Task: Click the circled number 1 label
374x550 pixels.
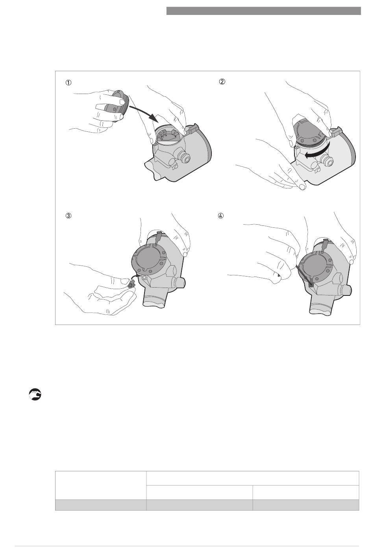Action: tap(69, 83)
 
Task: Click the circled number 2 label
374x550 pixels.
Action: tap(222, 81)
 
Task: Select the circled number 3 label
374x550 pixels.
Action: tap(69, 216)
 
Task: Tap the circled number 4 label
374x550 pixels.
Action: tap(221, 216)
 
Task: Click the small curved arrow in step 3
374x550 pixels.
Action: tap(135, 278)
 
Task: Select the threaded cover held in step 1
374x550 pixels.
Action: tap(117, 106)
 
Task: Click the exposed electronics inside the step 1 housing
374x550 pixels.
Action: tap(168, 136)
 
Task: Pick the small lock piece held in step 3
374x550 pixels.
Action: tap(131, 285)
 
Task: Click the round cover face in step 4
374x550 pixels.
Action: tap(316, 266)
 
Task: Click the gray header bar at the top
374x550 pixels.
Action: tap(264, 11)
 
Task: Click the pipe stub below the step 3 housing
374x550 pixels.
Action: tap(155, 297)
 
